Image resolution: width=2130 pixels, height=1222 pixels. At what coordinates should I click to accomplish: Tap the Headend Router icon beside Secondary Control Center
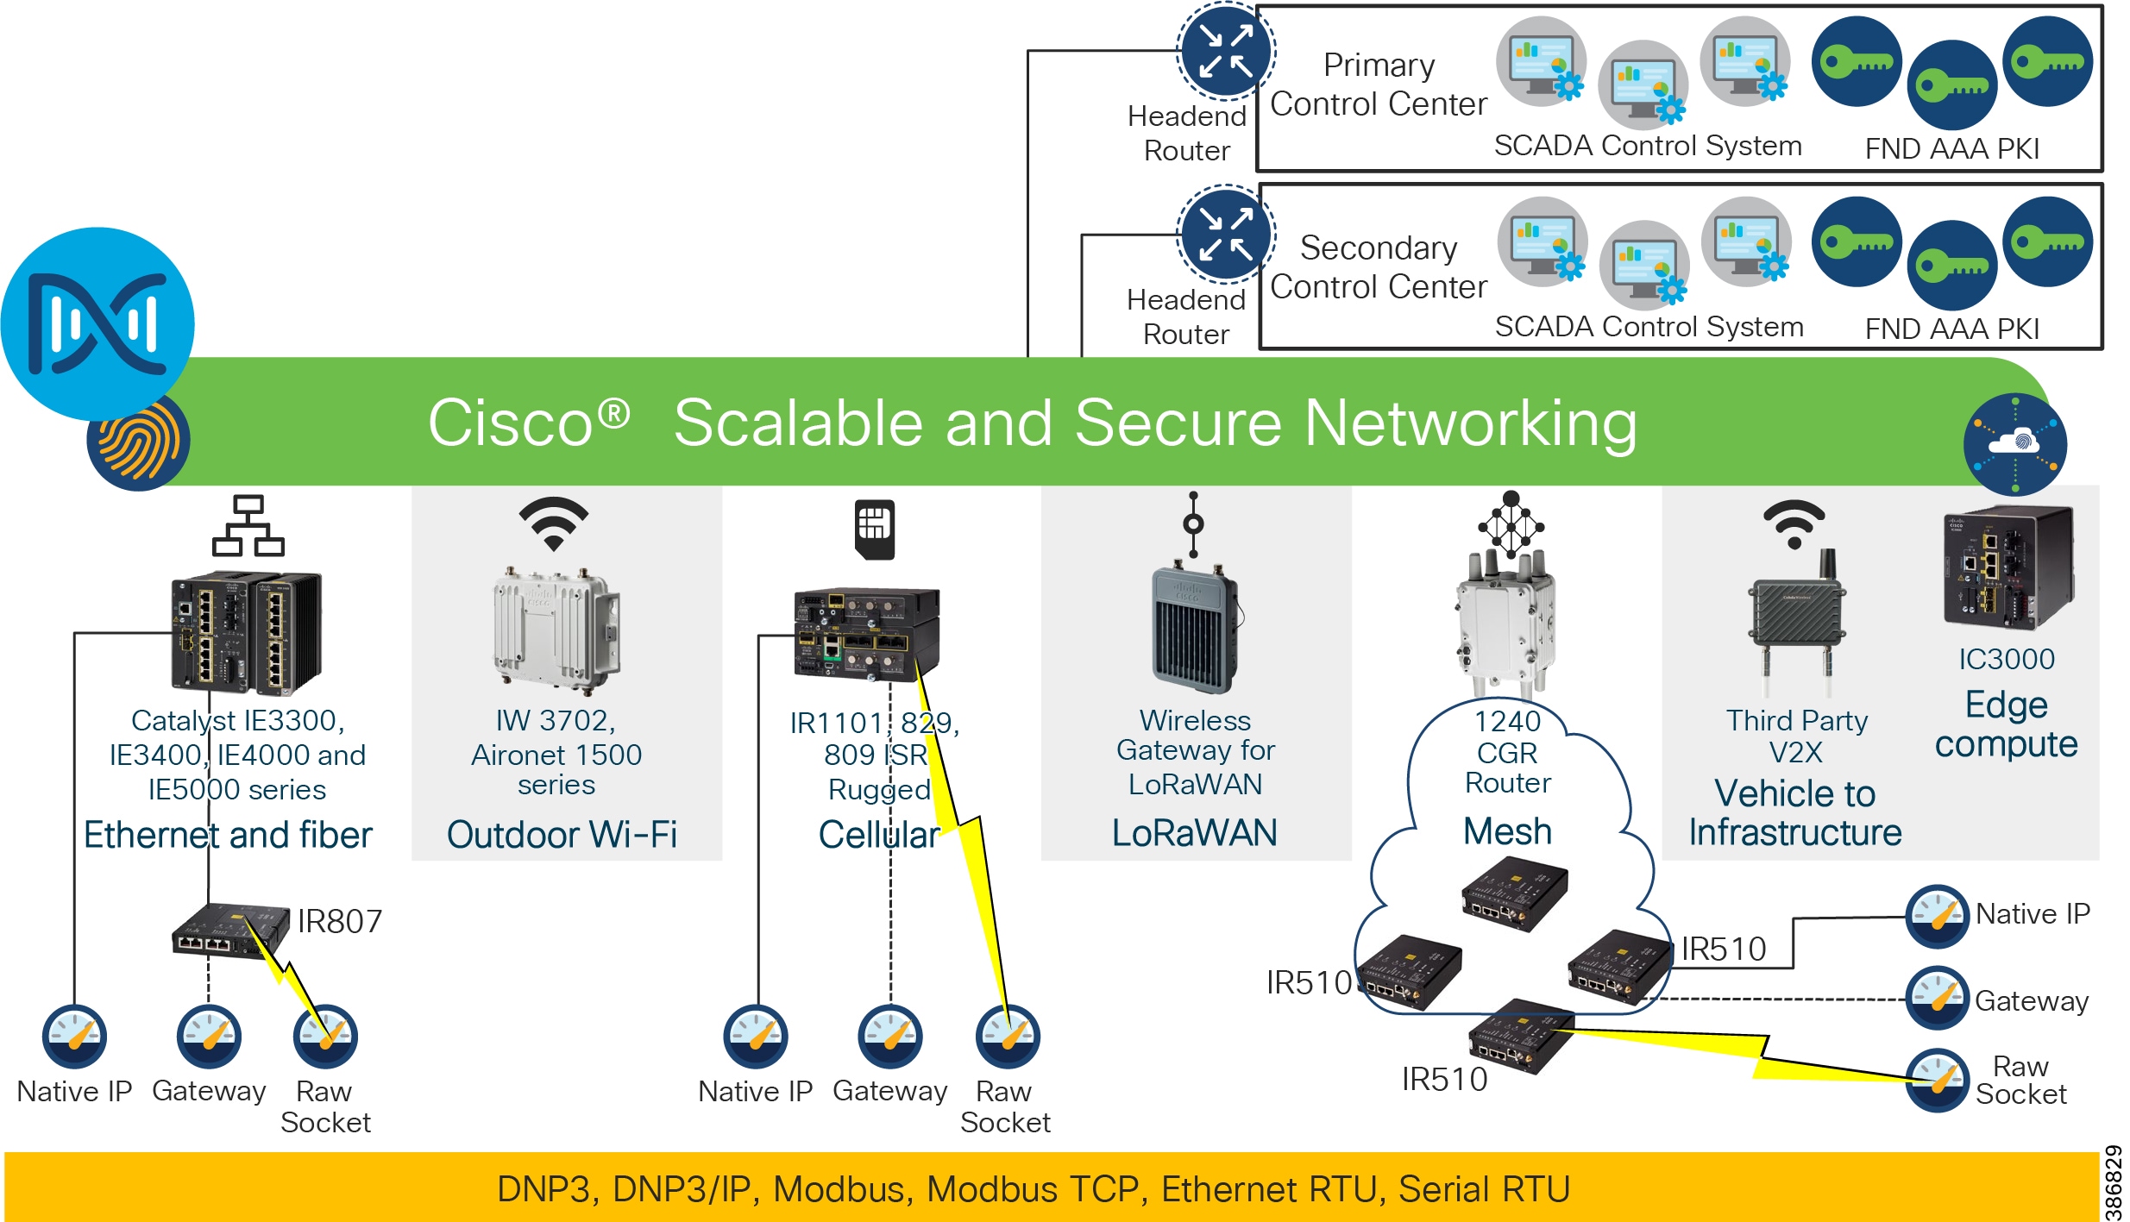pos(1225,233)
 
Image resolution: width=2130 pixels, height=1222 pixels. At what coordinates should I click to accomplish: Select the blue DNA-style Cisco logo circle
pos(97,324)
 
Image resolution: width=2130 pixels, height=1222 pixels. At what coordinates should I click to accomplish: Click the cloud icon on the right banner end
pos(2014,444)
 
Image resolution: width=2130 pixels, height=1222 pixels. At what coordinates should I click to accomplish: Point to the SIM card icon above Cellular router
pos(874,529)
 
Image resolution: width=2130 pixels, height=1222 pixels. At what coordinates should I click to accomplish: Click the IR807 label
pos(339,921)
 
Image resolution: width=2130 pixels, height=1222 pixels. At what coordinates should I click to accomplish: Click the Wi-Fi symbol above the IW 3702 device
pos(553,523)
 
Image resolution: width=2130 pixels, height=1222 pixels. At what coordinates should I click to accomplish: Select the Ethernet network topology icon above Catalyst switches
pos(248,525)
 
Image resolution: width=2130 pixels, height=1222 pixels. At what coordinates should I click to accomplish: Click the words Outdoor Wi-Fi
pos(562,834)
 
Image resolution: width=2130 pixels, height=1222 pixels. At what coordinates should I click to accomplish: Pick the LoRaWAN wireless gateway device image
pos(1196,630)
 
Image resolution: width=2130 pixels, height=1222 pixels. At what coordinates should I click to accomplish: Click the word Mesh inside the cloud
pos(1507,831)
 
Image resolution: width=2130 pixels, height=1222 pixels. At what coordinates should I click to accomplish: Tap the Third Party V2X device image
pos(1797,621)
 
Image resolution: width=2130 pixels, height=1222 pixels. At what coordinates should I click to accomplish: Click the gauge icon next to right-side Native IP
pos(1937,916)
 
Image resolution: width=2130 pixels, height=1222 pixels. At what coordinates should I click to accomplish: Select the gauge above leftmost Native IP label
pos(74,1036)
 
